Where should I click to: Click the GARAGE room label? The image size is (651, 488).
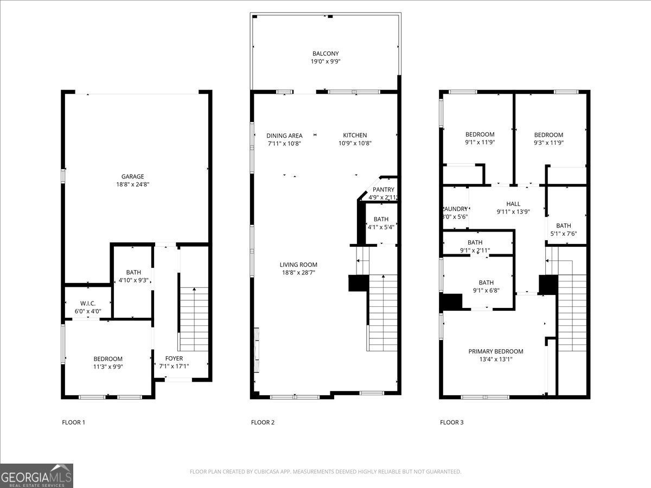coord(132,176)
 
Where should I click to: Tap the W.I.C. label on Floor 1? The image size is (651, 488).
coord(88,303)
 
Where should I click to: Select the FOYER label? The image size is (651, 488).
coord(174,358)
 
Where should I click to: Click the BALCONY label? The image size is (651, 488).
coord(325,53)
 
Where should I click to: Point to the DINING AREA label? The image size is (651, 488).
coord(284,136)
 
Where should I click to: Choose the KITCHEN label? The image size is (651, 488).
coord(355,136)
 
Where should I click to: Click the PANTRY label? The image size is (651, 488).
coord(384,189)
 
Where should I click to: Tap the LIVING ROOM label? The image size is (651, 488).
coord(298,265)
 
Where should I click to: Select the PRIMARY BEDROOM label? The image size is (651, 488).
coord(496,351)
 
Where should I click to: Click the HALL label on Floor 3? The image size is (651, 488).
coord(513,204)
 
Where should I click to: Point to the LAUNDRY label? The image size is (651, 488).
coord(455,209)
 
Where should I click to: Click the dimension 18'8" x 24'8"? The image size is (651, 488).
coord(132,184)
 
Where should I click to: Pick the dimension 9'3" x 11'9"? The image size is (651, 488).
coord(548,143)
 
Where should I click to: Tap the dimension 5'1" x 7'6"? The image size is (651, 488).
coord(563,234)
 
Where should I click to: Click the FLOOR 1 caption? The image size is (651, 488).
coord(73,422)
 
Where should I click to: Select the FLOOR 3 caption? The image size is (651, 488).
coord(451,422)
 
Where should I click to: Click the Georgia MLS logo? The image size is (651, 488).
coord(37,476)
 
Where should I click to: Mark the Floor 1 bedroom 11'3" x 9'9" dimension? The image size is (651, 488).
coord(108,367)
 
